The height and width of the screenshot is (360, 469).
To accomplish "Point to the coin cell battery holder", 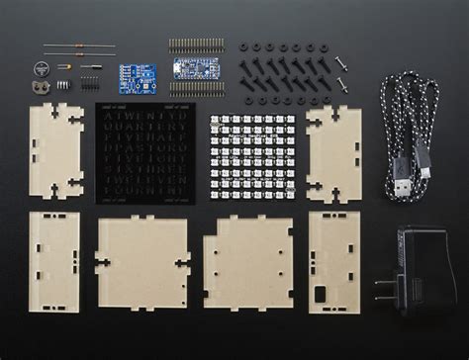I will coord(41,86).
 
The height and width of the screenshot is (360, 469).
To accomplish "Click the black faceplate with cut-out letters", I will coord(145,149).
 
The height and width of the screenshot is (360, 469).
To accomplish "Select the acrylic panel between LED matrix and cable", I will coord(333,154).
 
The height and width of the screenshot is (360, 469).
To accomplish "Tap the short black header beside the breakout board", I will coord(90,79).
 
